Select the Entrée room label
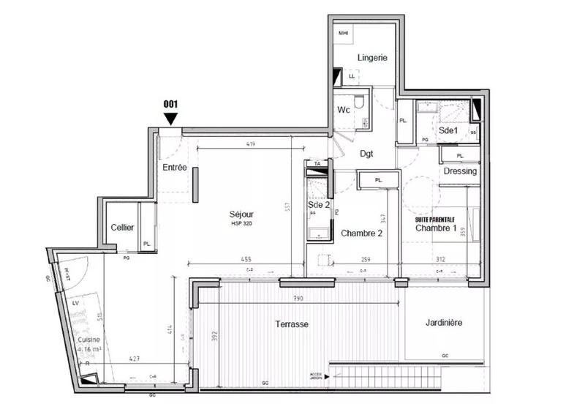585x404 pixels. pos(175,168)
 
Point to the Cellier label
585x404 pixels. pos(122,228)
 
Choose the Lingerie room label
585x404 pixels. pos(372,58)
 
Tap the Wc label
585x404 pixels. pos(344,110)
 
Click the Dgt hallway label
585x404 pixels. pos(367,154)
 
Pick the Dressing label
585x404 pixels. pos(460,171)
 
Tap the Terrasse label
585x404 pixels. pos(292,323)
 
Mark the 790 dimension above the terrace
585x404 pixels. pos(298,299)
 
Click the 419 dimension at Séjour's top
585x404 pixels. pos(249,145)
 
